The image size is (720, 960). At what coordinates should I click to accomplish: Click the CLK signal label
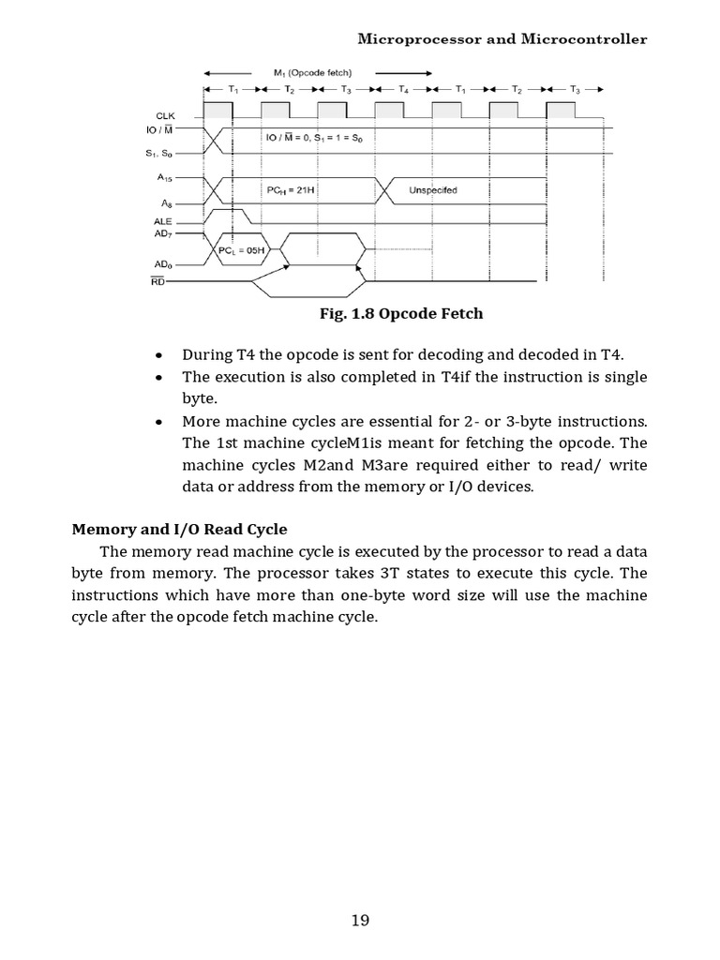click(x=165, y=116)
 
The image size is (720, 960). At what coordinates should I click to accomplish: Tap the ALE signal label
click(x=163, y=221)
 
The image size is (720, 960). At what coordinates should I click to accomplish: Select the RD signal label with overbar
click(x=157, y=280)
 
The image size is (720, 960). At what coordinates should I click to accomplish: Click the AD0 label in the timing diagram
click(x=163, y=263)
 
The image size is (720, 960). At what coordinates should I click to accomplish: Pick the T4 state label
click(x=403, y=90)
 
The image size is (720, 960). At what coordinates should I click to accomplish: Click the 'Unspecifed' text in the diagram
click(x=433, y=190)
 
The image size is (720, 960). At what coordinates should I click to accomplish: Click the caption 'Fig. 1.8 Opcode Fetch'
click(x=401, y=313)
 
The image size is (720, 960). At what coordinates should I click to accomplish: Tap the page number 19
click(x=360, y=920)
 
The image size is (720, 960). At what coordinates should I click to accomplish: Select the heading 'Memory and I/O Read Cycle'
click(x=180, y=529)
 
